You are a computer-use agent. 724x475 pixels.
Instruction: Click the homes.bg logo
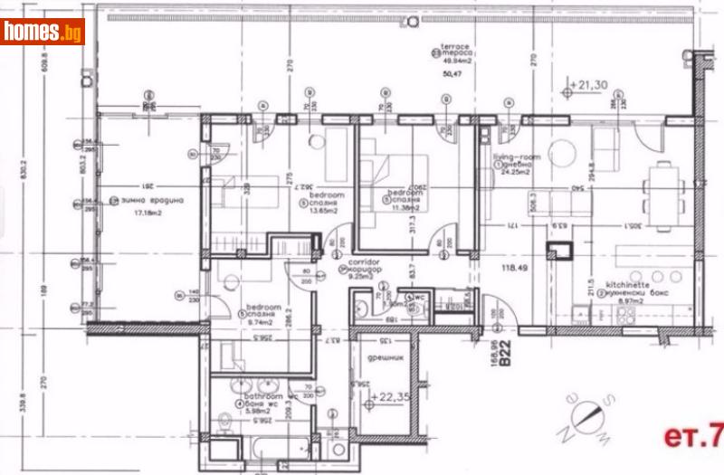tap(43, 32)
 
